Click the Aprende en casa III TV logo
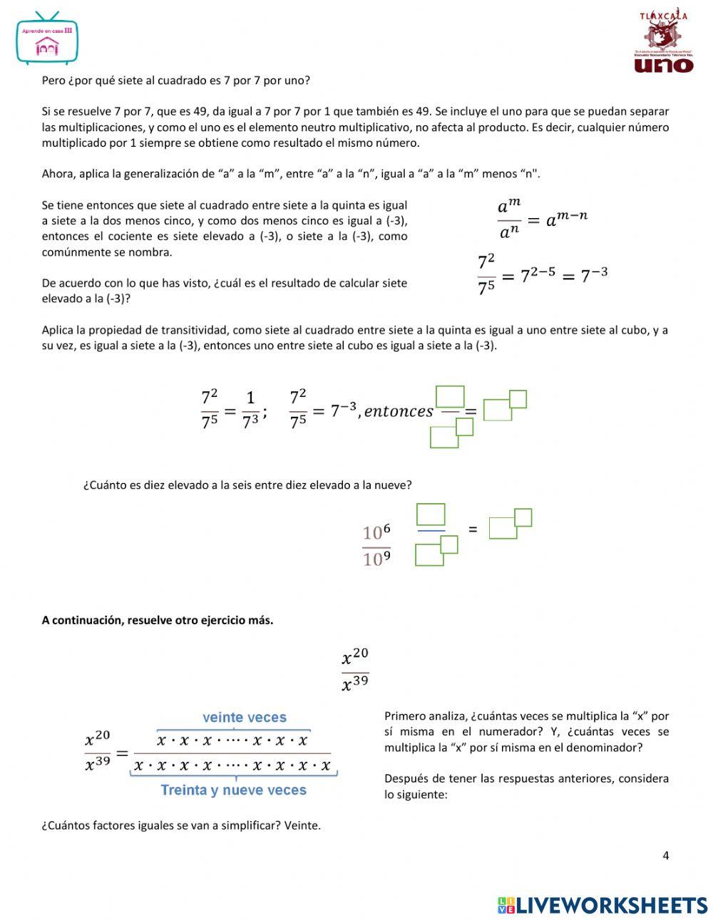pos(47,39)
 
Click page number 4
pos(666,856)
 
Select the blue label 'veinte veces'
pos(244,718)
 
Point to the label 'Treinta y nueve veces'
pos(233,790)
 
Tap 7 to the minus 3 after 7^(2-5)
pos(594,275)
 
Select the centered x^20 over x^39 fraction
pos(355,670)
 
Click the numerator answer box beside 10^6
pos(430,515)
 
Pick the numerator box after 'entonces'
pos(450,396)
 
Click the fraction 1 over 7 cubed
pos(250,410)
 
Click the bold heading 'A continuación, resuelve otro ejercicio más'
pos(158,620)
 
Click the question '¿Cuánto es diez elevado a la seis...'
pos(247,485)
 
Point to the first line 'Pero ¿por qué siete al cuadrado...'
pos(176,81)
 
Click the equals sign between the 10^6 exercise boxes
pos(472,529)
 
